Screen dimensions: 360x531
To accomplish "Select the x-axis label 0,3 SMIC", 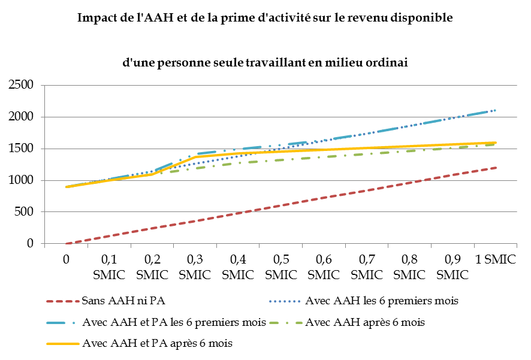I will [195, 267].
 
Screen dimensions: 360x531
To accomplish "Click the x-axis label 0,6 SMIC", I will [324, 267].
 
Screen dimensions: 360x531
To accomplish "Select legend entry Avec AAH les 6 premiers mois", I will [381, 301].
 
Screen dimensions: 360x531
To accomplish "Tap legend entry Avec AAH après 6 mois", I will [365, 322].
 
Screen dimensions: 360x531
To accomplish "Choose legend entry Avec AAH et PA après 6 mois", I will [158, 343].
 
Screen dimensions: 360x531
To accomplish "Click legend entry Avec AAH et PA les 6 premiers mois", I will [174, 322].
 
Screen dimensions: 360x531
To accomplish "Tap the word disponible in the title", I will [422, 17].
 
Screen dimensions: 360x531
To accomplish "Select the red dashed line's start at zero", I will [67, 243].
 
